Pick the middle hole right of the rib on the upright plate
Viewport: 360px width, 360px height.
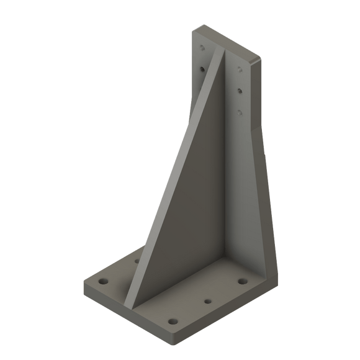coord(240,91)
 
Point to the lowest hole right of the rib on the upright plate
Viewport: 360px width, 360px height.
coord(240,112)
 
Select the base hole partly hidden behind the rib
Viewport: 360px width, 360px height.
coord(136,261)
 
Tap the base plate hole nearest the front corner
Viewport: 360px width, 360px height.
coord(174,322)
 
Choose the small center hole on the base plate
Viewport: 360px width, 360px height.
coord(207,302)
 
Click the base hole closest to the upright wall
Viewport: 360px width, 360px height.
coord(241,282)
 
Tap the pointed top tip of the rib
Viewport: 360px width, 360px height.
coord(218,53)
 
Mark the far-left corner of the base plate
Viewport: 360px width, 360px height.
coord(83,285)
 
